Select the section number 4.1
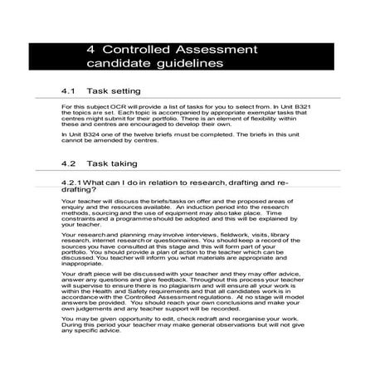(69, 90)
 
